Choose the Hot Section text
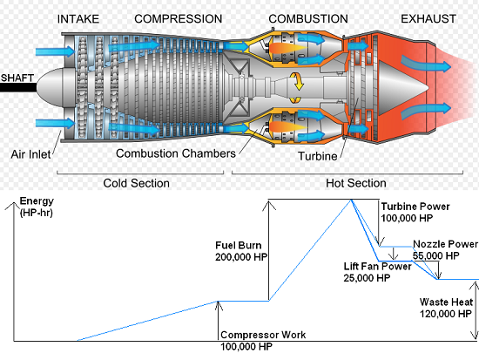(x=355, y=183)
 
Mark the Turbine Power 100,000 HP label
(x=415, y=212)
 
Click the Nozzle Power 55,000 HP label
(x=444, y=250)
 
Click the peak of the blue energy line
(x=352, y=200)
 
